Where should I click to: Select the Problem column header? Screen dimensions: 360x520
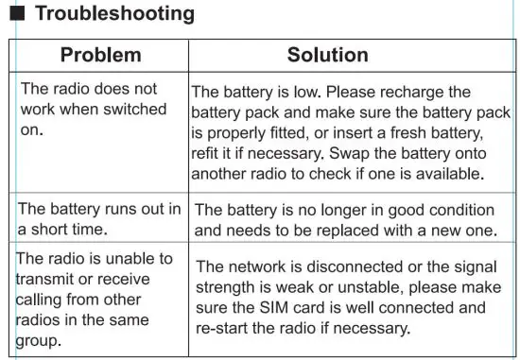point(100,55)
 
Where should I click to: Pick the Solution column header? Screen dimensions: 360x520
point(327,55)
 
